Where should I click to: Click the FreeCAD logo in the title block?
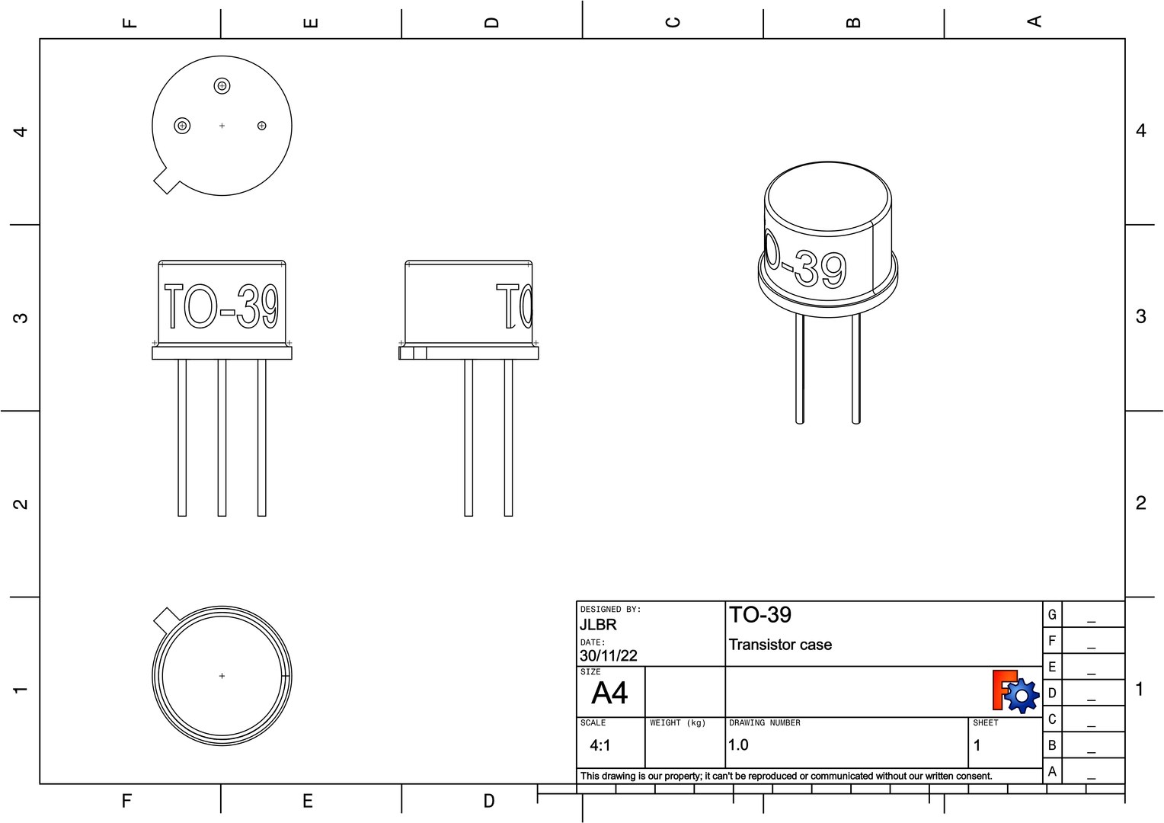[1015, 691]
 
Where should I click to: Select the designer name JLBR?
[598, 625]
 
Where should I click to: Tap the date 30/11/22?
[608, 655]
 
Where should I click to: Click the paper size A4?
[609, 693]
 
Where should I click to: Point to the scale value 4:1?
[600, 745]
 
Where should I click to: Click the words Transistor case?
[780, 645]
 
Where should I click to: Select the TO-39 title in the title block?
[760, 615]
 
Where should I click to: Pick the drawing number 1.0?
[738, 745]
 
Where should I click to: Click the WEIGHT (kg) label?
[678, 722]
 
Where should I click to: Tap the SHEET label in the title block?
[985, 722]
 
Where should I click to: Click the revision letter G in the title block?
[1052, 615]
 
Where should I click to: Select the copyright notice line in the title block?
[786, 776]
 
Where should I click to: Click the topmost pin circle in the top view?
[222, 86]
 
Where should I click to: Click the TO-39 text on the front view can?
[221, 306]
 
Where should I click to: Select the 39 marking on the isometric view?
[820, 270]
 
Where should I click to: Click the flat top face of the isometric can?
[828, 197]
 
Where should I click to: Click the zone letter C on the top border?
[672, 21]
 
